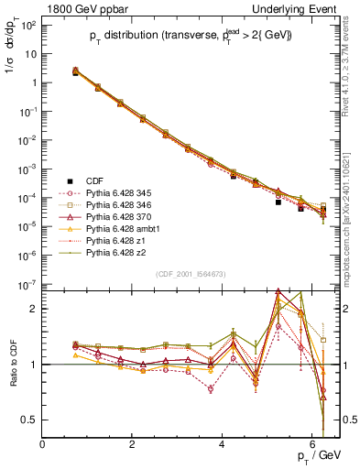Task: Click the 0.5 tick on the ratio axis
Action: coord(29,420)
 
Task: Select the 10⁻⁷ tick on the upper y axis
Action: coord(28,285)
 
